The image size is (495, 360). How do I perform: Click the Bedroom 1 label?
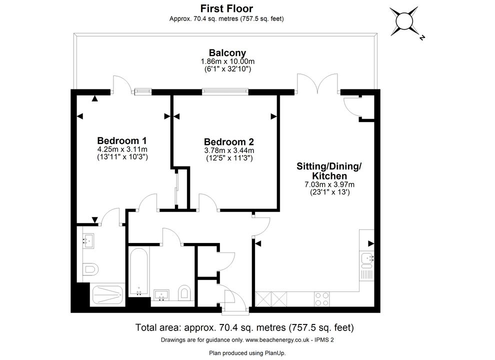coord(122,140)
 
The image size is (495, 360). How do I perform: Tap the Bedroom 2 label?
coord(229,142)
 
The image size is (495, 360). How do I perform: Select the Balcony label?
coord(227,52)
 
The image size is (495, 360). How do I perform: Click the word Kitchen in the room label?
coord(329,176)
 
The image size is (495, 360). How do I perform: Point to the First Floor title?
coord(226,8)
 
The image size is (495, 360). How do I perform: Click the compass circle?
coord(404,21)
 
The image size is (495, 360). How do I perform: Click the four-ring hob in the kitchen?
coord(321,299)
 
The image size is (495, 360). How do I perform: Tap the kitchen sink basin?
coord(367,258)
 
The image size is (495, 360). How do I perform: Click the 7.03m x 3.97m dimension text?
coord(329,184)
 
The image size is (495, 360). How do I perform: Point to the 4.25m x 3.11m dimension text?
coord(122,149)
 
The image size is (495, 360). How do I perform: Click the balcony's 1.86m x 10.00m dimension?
coord(227,61)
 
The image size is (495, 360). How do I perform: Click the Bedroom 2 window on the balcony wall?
coord(224,92)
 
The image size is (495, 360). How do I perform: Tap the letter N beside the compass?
coord(422,37)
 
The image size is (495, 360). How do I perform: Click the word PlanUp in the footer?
coord(274,353)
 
